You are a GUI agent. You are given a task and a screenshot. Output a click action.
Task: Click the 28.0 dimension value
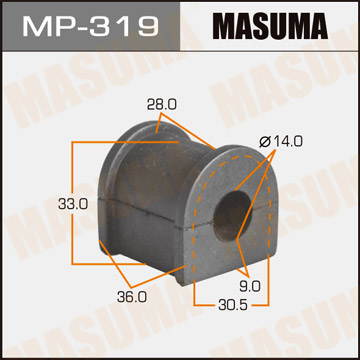pyautogui.click(x=144, y=102)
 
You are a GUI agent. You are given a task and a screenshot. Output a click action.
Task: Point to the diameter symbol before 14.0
pyautogui.click(x=264, y=143)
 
